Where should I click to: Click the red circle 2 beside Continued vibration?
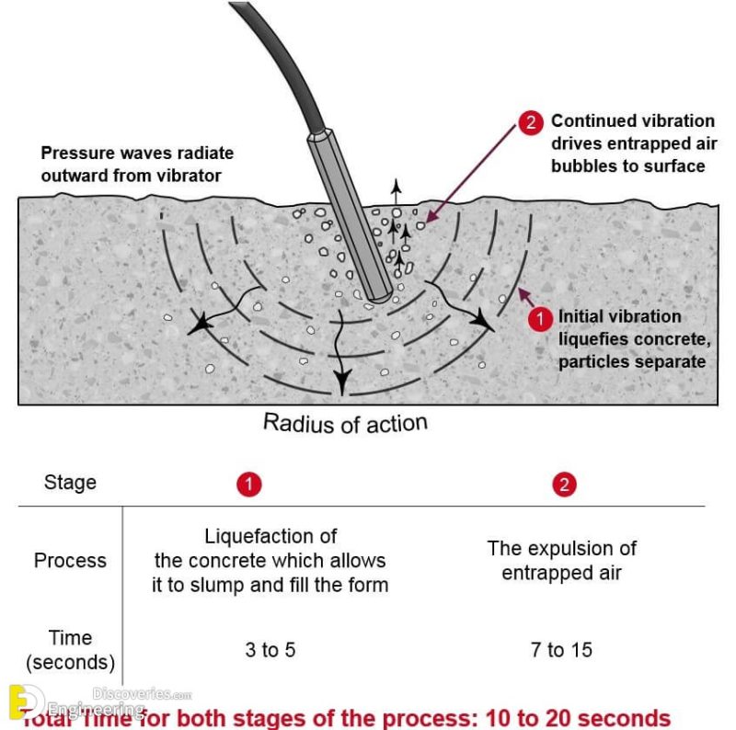tap(531, 122)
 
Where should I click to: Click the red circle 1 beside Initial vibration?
tap(540, 319)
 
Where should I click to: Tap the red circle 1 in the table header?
tap(249, 485)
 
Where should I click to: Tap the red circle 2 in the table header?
tap(565, 485)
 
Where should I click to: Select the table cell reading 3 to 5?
tap(270, 651)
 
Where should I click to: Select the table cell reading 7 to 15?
tap(561, 651)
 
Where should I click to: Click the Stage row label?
tap(70, 482)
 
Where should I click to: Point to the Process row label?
tap(70, 560)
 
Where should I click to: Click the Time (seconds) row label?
tap(70, 649)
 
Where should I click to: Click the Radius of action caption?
tap(345, 423)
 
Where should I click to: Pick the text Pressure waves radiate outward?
tap(137, 163)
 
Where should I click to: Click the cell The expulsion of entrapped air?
tap(561, 560)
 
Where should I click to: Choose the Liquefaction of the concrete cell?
tap(270, 560)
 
